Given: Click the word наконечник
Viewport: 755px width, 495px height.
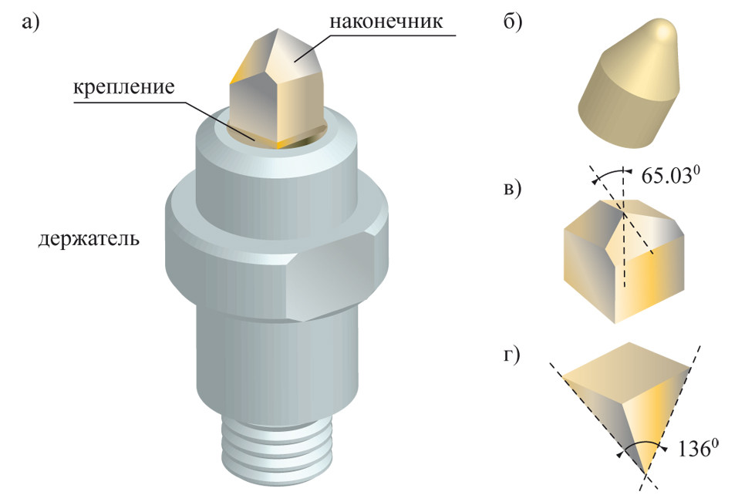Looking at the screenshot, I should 386,21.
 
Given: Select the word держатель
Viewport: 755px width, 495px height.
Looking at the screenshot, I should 89,237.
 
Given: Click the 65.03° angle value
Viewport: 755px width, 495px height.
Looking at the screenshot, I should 672,174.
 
